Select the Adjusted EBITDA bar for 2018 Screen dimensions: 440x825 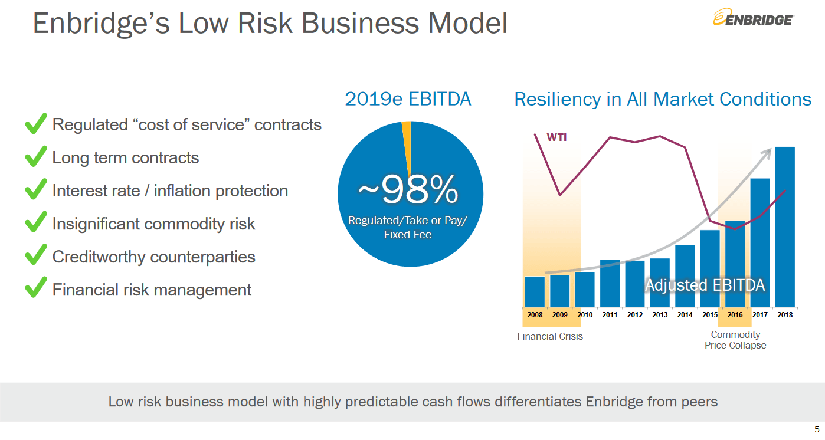pyautogui.click(x=785, y=226)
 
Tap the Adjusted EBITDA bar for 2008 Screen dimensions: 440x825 pyautogui.click(x=535, y=291)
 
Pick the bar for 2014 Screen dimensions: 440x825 pyautogui.click(x=685, y=275)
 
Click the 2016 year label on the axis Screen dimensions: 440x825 pyautogui.click(x=735, y=315)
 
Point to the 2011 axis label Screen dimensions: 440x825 pyautogui.click(x=610, y=315)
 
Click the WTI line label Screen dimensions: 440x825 pyautogui.click(x=556, y=138)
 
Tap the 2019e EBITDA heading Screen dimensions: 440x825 pyautogui.click(x=408, y=99)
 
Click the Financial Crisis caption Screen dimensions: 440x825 pyautogui.click(x=549, y=336)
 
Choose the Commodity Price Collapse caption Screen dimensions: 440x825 pyautogui.click(x=735, y=340)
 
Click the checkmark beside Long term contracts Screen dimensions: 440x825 pyautogui.click(x=36, y=157)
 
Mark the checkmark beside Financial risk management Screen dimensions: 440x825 pyautogui.click(x=36, y=289)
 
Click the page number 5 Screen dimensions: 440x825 pyautogui.click(x=816, y=429)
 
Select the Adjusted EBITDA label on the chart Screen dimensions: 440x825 pyautogui.click(x=705, y=285)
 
